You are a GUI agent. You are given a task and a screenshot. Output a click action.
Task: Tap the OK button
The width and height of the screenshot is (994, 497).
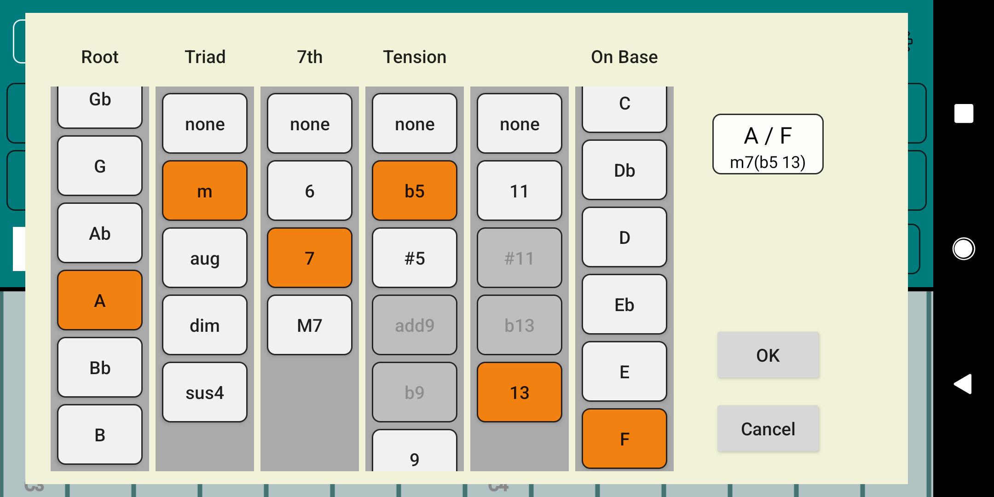[768, 355]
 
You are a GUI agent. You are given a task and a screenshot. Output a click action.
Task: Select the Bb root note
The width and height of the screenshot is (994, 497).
[100, 368]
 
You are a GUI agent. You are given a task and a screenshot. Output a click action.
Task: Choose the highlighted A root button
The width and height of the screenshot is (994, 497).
[100, 301]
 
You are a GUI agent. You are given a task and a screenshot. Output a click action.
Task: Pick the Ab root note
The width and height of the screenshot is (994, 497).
[100, 233]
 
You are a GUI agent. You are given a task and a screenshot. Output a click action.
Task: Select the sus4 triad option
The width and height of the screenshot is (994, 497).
[205, 393]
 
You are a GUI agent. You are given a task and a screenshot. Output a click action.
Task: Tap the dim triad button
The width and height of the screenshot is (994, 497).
[205, 325]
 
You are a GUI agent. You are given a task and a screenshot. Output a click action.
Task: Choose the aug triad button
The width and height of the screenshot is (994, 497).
[205, 258]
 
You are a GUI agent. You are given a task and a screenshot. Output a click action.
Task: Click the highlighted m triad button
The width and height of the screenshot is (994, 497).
[205, 191]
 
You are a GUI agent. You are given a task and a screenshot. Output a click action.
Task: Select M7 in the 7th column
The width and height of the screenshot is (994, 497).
[310, 325]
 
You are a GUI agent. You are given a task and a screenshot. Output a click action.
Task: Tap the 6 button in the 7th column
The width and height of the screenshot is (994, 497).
[310, 191]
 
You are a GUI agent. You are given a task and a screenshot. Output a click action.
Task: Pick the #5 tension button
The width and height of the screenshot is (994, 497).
[415, 258]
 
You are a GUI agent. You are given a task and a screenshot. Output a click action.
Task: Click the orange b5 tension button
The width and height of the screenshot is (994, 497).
[415, 191]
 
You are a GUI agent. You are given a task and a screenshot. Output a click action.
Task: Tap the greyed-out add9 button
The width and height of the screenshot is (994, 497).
[415, 325]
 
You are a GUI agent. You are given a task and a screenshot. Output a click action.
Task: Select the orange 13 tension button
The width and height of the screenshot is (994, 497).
[520, 393]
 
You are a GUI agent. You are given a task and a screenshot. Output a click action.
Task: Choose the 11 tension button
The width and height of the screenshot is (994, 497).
[520, 191]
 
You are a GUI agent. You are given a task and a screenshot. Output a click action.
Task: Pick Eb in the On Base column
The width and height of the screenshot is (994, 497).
[624, 305]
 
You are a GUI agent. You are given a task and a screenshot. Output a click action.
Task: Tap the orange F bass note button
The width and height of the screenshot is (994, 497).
[624, 439]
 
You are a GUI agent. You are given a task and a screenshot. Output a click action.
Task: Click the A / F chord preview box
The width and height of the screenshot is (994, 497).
[768, 144]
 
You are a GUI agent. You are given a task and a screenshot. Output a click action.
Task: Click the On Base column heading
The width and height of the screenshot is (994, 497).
[624, 57]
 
